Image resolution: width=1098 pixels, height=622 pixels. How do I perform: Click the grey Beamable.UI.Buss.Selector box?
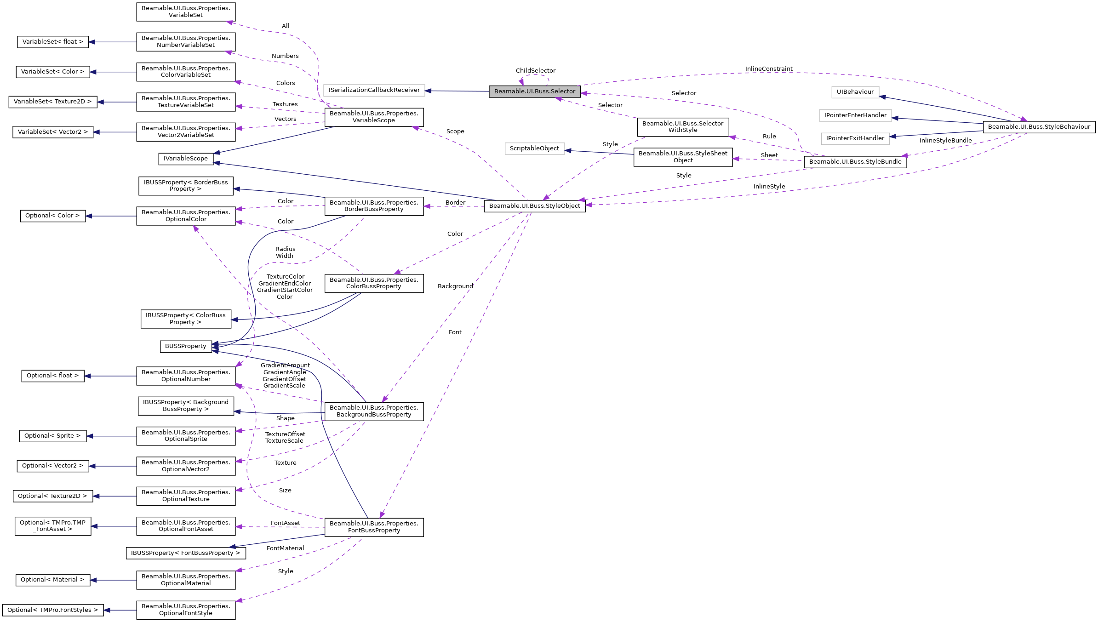[534, 91]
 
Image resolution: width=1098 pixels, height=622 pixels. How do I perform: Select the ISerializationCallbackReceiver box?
[374, 90]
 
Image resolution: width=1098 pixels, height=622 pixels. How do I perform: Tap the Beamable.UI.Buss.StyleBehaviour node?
[1039, 127]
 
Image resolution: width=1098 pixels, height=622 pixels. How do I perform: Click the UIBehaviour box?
[855, 92]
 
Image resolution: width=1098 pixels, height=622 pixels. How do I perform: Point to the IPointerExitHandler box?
[855, 138]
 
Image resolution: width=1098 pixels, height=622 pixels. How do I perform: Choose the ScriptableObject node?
[534, 148]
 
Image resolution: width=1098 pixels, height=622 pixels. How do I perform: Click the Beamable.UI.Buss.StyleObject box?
[534, 206]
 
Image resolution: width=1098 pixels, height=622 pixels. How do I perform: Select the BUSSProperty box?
[185, 346]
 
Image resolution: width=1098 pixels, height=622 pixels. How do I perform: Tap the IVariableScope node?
[186, 159]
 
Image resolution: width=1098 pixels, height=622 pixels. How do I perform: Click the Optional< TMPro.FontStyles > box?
[52, 610]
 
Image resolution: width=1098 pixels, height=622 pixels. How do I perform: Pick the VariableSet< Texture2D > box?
[52, 102]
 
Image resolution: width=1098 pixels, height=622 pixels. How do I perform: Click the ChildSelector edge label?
[535, 71]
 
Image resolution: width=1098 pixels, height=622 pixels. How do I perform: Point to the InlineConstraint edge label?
[768, 69]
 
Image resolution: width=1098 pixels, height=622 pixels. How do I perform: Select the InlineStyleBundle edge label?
[945, 141]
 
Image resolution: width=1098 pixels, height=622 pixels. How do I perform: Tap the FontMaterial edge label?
[285, 548]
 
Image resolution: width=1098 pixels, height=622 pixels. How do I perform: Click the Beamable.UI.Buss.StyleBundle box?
[855, 162]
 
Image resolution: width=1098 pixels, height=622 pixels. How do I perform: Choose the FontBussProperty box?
[374, 527]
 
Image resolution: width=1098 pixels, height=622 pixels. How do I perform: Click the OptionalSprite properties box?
[186, 436]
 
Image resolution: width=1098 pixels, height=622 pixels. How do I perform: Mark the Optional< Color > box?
[52, 216]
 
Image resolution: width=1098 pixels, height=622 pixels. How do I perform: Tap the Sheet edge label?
[769, 155]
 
